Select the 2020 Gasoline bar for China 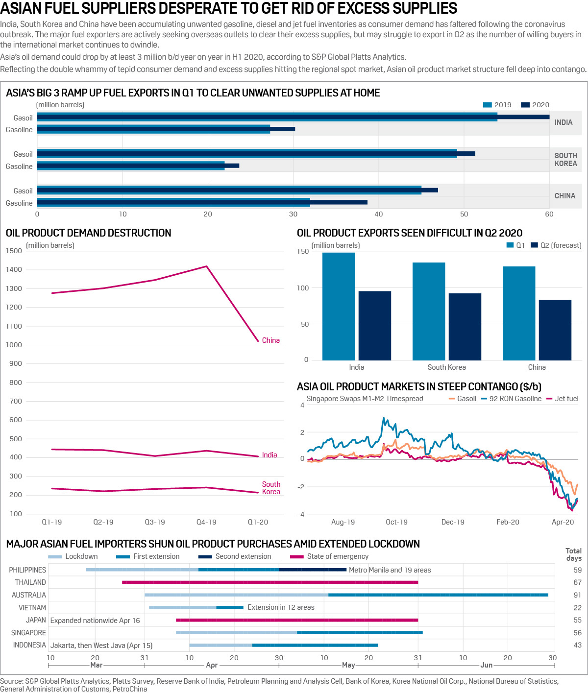point(339,202)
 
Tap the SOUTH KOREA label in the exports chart point(565,160)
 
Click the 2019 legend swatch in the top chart point(488,105)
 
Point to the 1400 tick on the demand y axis point(14,269)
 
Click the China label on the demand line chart point(270,340)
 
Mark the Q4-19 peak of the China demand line point(206,266)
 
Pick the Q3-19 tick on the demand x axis point(155,522)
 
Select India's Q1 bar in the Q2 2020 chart point(339,307)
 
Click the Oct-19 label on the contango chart point(396,522)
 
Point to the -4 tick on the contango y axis point(301,514)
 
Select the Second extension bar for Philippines point(313,570)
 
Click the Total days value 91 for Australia point(577,595)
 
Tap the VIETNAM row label point(32,608)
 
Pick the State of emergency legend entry point(337,556)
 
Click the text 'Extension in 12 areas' point(281,607)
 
